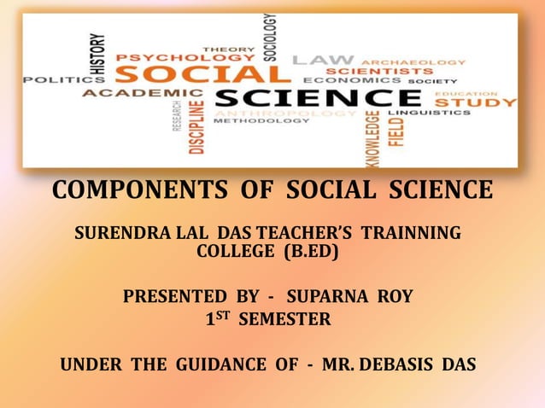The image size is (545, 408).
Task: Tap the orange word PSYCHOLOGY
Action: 179,57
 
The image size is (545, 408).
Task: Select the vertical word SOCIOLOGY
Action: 270,37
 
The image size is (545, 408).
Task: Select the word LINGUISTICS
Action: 424,113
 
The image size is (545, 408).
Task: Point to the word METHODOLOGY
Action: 261,121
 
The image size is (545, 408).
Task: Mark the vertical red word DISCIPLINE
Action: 197,125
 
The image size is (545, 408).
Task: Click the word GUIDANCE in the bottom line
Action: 221,365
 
